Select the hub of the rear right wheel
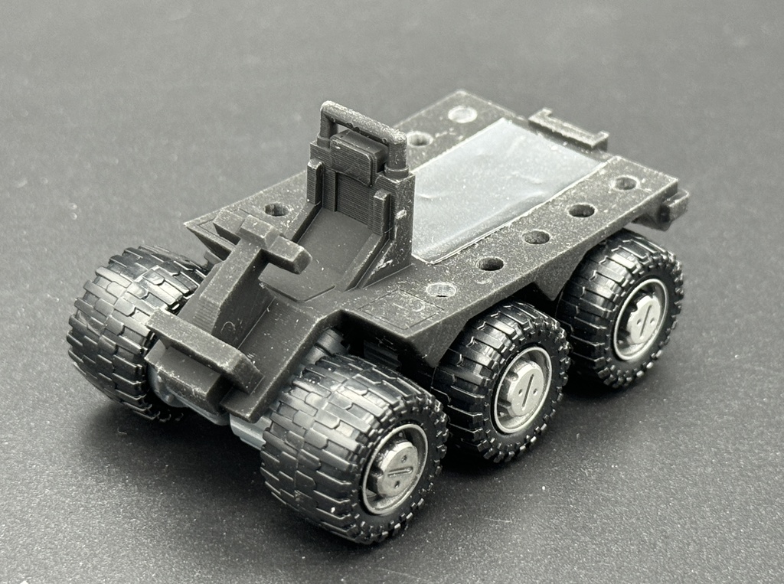click(641, 318)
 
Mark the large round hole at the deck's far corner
click(462, 114)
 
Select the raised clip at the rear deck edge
click(568, 128)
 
